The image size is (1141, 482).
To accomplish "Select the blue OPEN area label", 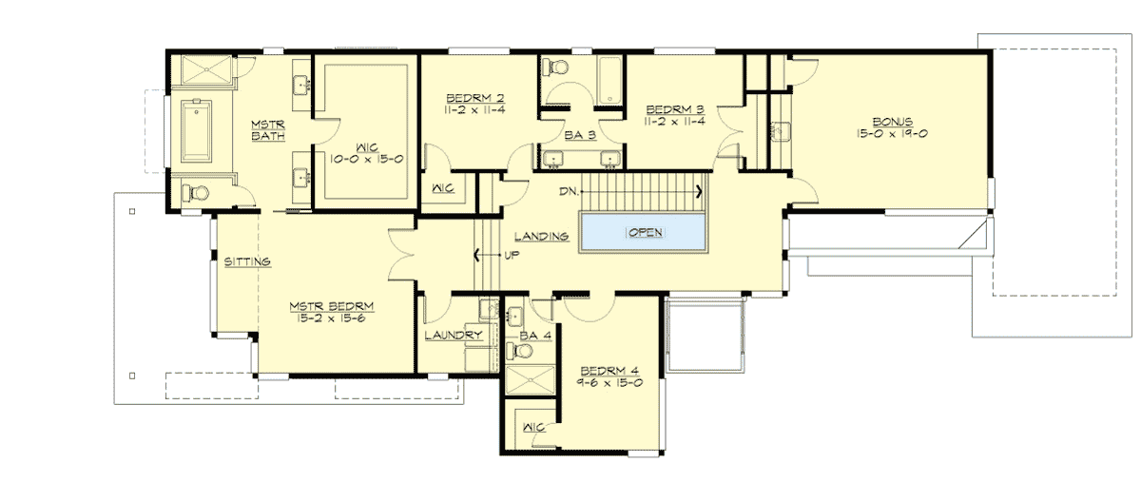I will coord(644,233).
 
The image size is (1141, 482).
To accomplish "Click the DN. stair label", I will coord(569,191).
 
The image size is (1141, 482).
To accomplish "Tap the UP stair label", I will coord(511,255).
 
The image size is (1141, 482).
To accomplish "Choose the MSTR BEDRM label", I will coord(332,306).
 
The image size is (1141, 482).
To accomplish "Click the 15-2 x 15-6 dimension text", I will coord(332,318).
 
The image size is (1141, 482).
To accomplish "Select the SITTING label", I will coord(247,260).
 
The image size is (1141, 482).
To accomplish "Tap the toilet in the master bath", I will coord(195,193).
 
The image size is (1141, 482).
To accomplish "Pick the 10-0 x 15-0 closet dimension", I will coord(366,160).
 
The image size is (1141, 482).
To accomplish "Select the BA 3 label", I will coord(579,136).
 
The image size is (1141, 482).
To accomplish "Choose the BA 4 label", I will coord(536,336).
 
